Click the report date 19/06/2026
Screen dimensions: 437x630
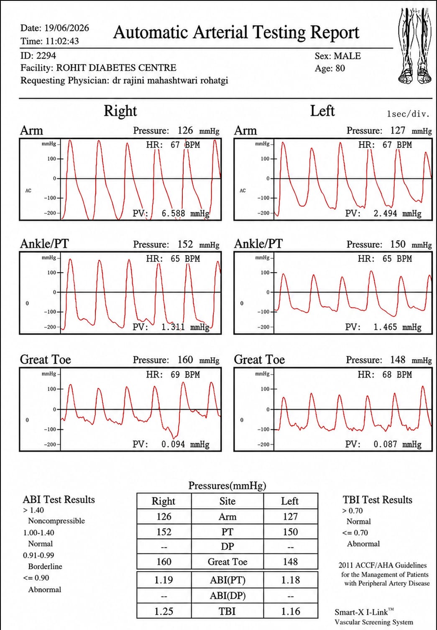click(x=66, y=28)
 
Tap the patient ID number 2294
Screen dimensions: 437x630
click(x=46, y=56)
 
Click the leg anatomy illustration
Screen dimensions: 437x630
click(x=414, y=46)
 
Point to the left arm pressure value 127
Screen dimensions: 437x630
click(x=398, y=131)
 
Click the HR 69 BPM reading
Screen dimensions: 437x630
click(x=173, y=375)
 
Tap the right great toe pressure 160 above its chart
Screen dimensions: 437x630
click(x=185, y=360)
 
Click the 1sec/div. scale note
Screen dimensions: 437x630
click(x=409, y=114)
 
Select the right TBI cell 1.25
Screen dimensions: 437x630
click(x=164, y=611)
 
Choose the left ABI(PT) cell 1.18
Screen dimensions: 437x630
click(x=291, y=580)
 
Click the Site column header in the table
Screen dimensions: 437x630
click(x=227, y=501)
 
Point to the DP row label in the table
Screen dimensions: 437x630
click(x=227, y=546)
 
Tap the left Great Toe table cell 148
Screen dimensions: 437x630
click(x=290, y=561)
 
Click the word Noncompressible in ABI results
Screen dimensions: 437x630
click(x=56, y=521)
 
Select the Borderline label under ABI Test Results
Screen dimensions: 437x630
click(x=45, y=566)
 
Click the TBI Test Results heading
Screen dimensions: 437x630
click(x=378, y=500)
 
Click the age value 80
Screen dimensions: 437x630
click(x=340, y=68)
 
